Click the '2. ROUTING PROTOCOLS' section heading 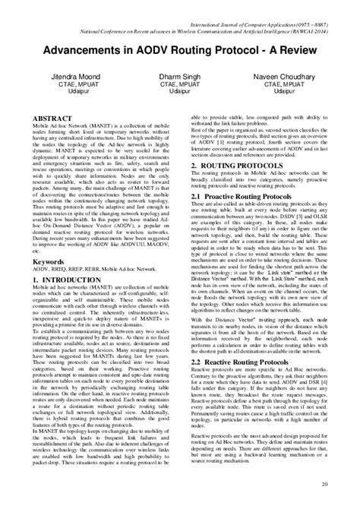coord(235,165)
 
